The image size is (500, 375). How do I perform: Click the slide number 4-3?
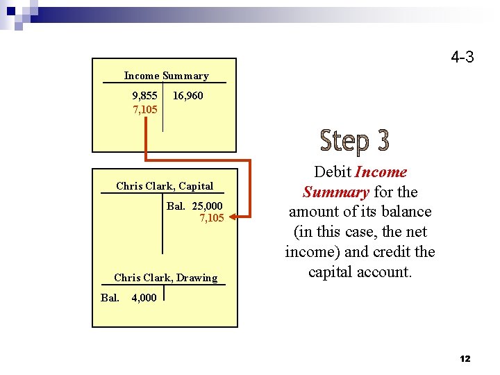pos(462,57)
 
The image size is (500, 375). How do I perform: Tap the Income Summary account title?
pos(166,76)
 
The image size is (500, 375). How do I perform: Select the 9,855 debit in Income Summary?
pos(145,95)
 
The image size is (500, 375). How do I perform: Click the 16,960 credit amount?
pos(187,95)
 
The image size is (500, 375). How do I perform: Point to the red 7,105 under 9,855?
pos(145,110)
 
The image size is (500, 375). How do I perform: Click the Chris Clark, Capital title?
pos(165,185)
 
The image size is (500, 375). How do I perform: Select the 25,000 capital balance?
pos(208,206)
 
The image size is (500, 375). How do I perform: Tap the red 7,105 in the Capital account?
pos(212,218)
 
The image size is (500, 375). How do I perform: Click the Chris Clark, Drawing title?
pos(165,278)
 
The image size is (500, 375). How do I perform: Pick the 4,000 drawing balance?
pos(144,298)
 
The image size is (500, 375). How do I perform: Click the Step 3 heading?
pos(354,141)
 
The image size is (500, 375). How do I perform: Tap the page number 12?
pos(465,358)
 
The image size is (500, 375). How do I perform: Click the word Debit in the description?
pos(333,172)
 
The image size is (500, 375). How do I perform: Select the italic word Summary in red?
pos(335,192)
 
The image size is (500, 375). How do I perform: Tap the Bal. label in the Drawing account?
pos(110,298)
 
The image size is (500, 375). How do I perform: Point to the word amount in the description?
pos(312,212)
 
